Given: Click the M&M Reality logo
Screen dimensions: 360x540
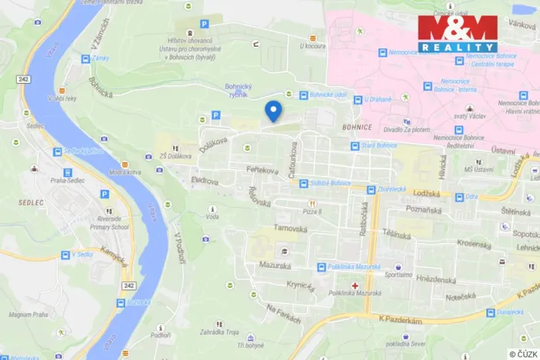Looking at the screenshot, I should point(458,33).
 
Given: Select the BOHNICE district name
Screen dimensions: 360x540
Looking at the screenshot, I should point(358,126).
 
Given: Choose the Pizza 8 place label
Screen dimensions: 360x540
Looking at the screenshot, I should point(312,210).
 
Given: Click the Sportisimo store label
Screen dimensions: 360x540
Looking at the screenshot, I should point(398,275).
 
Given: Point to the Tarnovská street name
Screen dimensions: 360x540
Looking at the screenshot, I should point(292,229).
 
